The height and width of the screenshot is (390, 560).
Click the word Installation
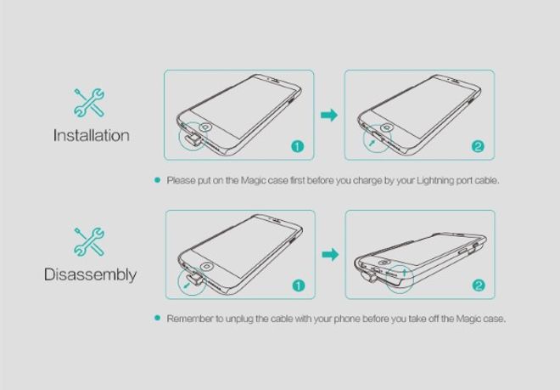coord(92,136)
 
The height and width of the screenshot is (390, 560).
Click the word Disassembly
coord(90,274)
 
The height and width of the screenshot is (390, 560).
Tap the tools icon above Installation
coord(89,103)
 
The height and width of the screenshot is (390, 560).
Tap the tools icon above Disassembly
coord(89,242)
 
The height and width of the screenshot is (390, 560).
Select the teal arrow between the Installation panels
coord(329,116)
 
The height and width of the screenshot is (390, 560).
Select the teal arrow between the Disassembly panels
coord(330,254)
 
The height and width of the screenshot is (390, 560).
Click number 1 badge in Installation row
coord(298,146)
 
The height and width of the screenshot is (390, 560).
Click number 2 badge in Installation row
coord(478,146)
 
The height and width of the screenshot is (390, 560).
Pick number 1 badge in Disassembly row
coord(299,285)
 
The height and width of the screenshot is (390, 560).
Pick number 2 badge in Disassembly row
coord(479,285)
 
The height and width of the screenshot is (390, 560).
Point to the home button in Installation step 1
coord(206,127)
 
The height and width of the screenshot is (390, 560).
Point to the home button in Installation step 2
coord(386,127)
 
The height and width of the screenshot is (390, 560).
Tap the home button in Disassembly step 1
coord(207,267)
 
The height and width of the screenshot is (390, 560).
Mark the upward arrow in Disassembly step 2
coord(404,273)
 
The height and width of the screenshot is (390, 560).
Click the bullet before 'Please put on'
coord(157,180)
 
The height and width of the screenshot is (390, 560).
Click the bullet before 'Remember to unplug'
coord(157,318)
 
